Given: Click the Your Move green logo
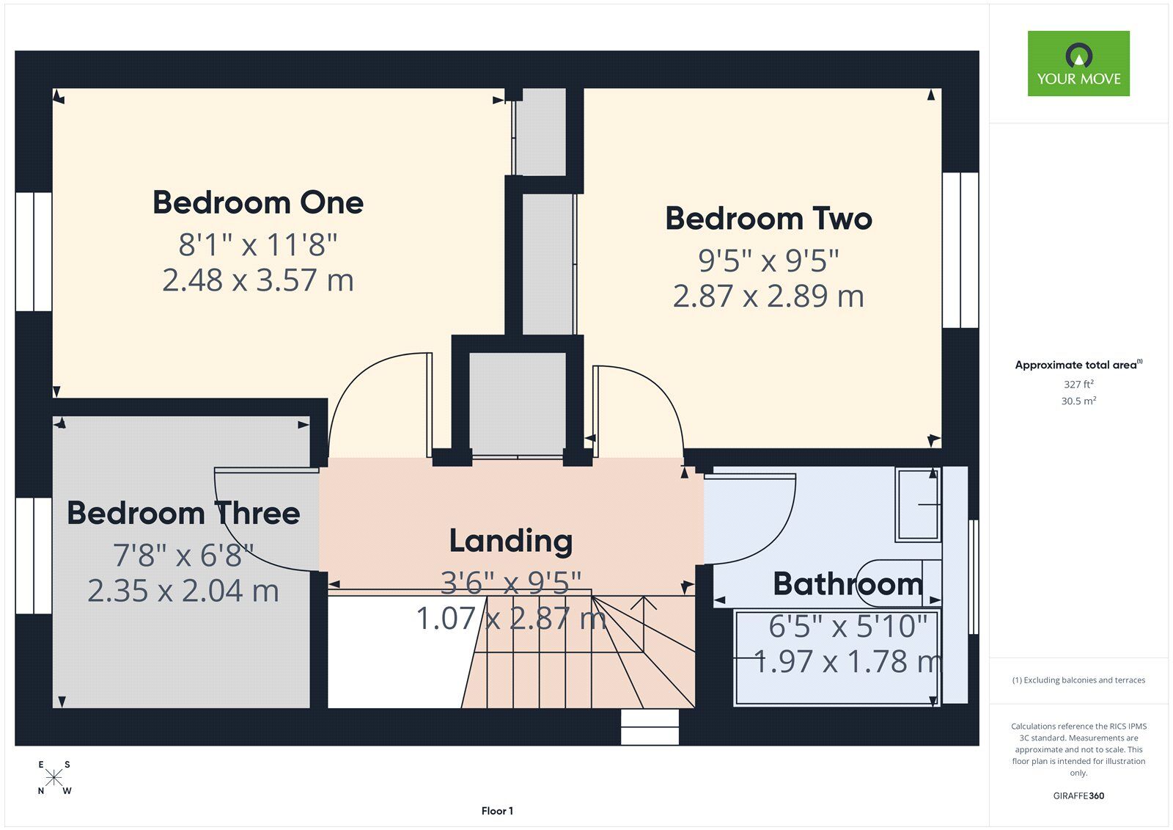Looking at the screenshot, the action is (x=1078, y=63).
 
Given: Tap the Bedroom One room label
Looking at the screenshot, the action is (x=258, y=203).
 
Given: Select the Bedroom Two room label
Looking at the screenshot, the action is (x=769, y=219).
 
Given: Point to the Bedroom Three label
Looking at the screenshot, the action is (x=183, y=513).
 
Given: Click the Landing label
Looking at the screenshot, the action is (x=511, y=541).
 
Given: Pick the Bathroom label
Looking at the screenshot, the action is (x=847, y=584).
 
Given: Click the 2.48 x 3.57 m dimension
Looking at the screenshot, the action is (x=258, y=280).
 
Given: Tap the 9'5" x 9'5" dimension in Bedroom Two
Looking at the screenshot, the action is (x=769, y=261).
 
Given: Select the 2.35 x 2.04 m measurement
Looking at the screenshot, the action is (x=183, y=590).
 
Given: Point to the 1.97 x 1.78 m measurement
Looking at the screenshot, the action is (x=847, y=662).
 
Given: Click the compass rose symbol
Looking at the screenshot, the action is (x=54, y=778).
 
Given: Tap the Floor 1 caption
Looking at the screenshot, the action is (x=497, y=811).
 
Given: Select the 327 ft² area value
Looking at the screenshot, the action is (x=1078, y=385).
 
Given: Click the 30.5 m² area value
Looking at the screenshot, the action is (x=1078, y=401).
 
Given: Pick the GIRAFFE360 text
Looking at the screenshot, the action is (x=1078, y=796).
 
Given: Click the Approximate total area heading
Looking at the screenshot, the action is (x=1078, y=365).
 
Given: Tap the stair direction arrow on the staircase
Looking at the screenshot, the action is (x=644, y=624).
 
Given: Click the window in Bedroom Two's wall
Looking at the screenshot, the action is (x=960, y=250).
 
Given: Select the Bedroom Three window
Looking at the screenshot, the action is (x=34, y=556).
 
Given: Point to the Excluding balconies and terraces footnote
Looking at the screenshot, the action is (x=1078, y=680).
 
